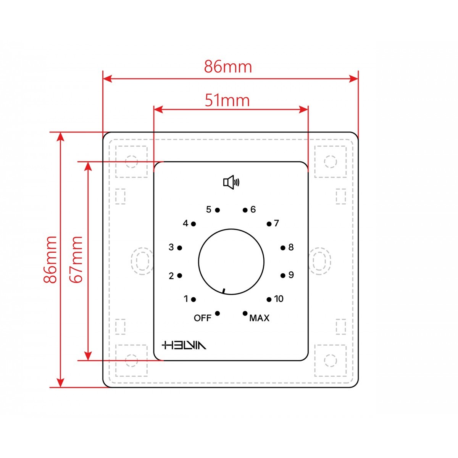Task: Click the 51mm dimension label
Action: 227,100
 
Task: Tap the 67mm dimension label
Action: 76,260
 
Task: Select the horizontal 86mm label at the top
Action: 228,67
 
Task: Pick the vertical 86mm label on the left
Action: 50,260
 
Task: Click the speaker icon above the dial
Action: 231,182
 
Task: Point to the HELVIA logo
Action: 184,345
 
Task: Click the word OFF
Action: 203,318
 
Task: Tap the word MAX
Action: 259,318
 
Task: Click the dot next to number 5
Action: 218,210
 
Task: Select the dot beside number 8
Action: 283,248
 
